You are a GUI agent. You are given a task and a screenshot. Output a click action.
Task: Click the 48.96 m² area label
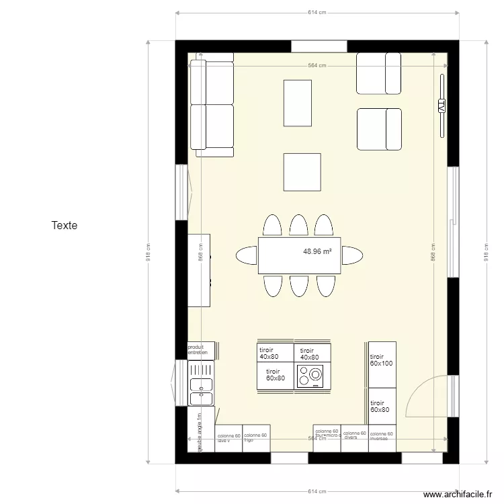[x=318, y=252]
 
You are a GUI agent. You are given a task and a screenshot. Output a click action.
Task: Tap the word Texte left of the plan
[x=65, y=225]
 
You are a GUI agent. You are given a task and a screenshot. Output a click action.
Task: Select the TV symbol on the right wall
[x=442, y=106]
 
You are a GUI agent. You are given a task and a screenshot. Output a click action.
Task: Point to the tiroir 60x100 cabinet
[x=382, y=364]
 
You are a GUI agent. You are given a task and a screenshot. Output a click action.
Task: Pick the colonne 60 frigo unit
[x=256, y=437]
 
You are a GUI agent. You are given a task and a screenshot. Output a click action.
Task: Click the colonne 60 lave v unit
[x=228, y=438]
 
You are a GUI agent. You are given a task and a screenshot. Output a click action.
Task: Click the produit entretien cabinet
[x=200, y=350]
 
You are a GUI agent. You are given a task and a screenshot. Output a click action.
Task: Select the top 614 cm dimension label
[x=317, y=12]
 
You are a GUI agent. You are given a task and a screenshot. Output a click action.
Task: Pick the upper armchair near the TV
[x=378, y=73]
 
